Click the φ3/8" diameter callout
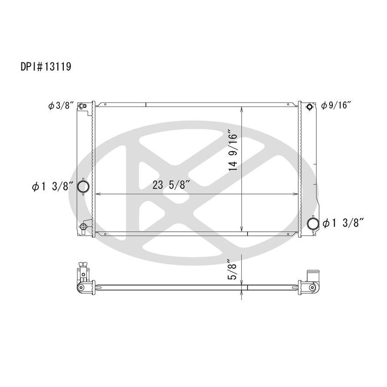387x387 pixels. tap(61, 106)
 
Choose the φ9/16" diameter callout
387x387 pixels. tap(337, 106)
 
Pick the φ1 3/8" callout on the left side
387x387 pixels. tap(51, 186)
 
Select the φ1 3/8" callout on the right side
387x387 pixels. tap(344, 223)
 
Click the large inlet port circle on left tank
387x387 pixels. tap(84, 186)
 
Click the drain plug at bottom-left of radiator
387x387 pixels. tap(83, 227)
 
